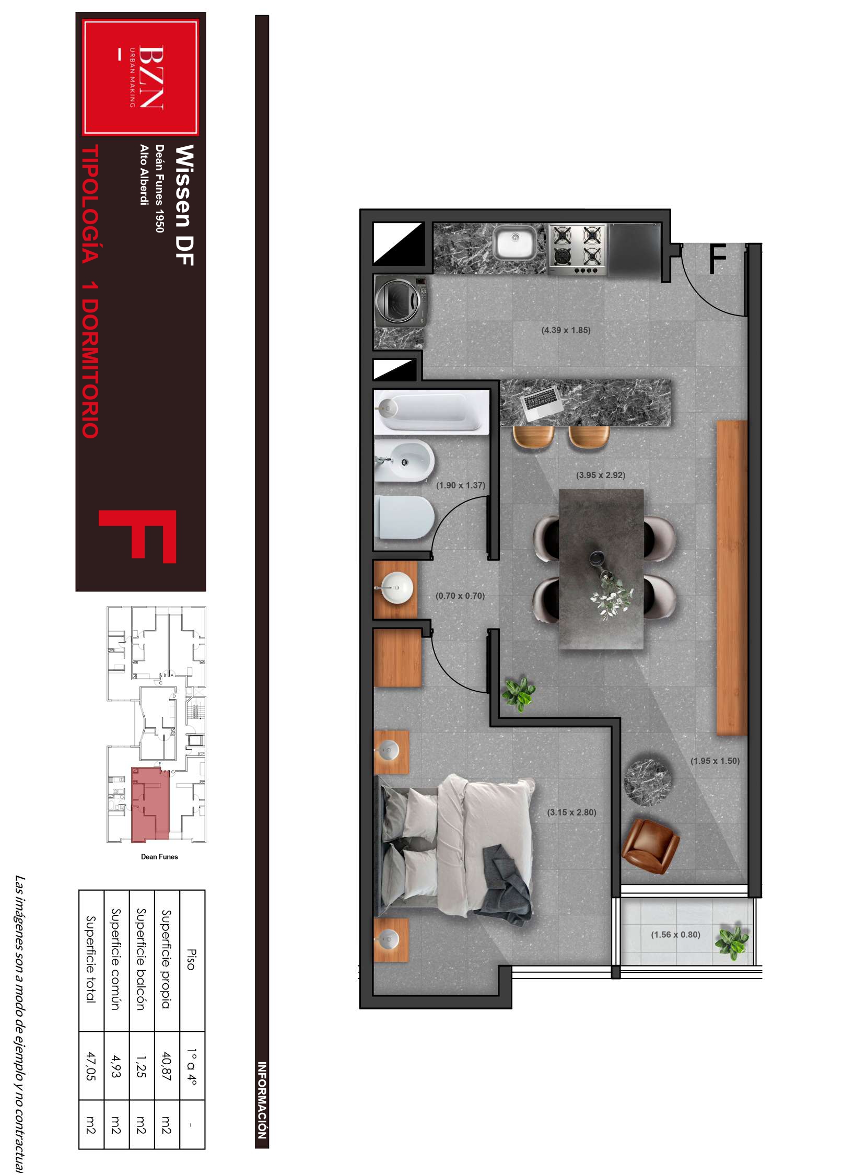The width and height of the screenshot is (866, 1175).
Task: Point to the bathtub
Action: tap(431, 412)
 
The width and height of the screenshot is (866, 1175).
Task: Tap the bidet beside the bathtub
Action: tap(404, 461)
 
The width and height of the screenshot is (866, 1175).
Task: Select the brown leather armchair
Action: tap(650, 845)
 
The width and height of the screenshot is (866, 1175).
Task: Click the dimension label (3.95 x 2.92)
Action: tap(601, 475)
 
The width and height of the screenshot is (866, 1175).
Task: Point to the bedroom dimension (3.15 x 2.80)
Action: tap(572, 812)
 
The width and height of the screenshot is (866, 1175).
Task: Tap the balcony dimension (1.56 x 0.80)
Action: tap(676, 934)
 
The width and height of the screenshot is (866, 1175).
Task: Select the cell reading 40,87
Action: tap(167, 1066)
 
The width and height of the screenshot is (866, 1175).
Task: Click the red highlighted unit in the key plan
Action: tap(150, 805)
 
